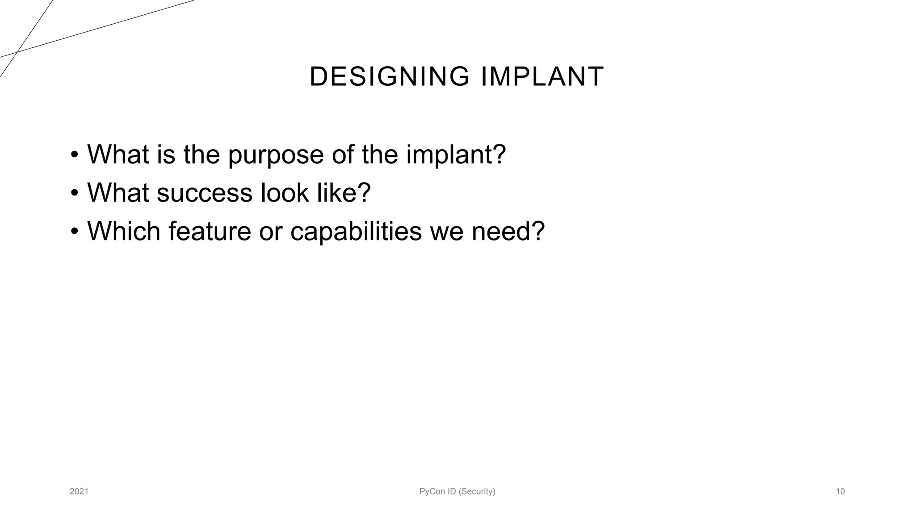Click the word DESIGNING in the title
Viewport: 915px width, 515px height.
389,76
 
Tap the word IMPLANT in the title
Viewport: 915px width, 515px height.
542,76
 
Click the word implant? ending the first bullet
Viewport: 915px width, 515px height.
456,155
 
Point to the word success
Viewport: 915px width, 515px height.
205,193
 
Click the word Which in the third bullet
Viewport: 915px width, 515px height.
124,231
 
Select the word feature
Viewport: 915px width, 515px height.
210,231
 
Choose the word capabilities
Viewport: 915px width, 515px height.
356,232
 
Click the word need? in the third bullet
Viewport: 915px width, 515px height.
508,231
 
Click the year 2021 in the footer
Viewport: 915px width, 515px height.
79,492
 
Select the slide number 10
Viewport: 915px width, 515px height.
840,492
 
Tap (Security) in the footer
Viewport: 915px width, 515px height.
477,492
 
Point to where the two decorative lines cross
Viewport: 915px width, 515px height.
17,52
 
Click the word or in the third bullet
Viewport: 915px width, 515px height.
271,232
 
